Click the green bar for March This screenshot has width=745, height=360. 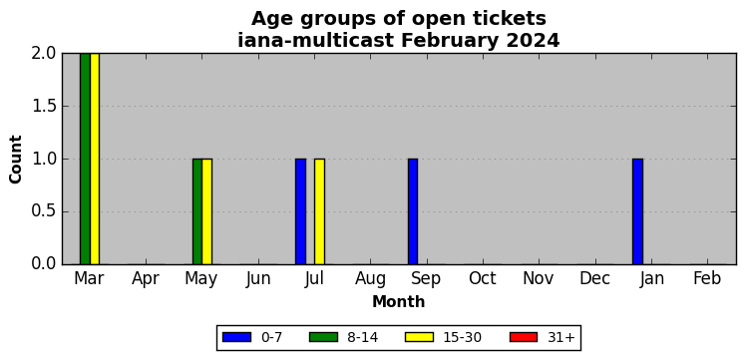tap(85, 159)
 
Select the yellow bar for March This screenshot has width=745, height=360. tap(95, 159)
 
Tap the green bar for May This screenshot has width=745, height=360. tap(197, 211)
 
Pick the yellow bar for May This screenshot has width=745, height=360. tap(206, 211)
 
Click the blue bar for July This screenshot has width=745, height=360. tap(301, 211)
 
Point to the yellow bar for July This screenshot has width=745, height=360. tap(319, 211)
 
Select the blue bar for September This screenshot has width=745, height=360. tap(413, 211)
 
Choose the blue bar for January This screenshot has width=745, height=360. tap(637, 211)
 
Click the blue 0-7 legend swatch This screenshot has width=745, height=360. tap(236, 337)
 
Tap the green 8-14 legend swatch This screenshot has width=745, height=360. tap(323, 337)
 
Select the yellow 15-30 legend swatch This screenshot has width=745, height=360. tap(419, 337)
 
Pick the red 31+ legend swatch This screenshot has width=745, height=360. tap(524, 337)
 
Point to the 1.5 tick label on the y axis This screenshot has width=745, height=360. tap(44, 107)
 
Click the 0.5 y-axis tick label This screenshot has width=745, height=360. tap(44, 211)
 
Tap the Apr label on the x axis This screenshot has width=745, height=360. tap(146, 279)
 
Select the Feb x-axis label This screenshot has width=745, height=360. tap(707, 278)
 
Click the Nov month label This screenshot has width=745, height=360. tap(539, 278)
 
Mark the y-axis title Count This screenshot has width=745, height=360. tap(16, 160)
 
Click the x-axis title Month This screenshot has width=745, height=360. tap(399, 301)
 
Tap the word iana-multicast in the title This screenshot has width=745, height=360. tap(315, 40)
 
